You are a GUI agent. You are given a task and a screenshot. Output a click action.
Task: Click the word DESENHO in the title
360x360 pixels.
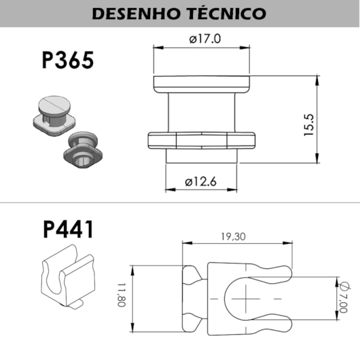tap(135, 13)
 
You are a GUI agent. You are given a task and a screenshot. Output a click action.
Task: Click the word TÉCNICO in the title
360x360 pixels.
tap(224, 13)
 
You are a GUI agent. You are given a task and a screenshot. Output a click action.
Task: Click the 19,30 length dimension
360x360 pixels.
tap(233, 237)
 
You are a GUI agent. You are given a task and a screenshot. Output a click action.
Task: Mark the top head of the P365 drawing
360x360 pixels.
tap(202, 85)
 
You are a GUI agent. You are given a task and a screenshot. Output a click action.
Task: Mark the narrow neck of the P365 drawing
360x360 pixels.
tap(202, 112)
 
